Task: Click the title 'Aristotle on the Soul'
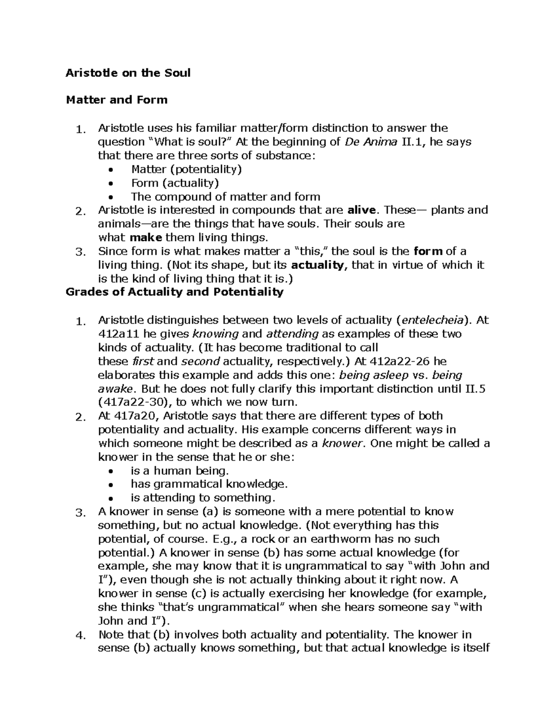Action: click(128, 73)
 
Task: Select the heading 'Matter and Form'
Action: click(117, 100)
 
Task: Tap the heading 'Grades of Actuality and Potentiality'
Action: click(175, 292)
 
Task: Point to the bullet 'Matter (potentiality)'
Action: click(186, 169)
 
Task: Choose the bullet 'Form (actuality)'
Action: click(175, 183)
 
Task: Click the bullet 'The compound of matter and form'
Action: click(226, 197)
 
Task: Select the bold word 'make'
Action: click(146, 238)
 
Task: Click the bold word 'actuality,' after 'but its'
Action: click(320, 265)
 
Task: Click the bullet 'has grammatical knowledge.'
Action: click(209, 484)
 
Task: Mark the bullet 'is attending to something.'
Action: click(203, 498)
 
